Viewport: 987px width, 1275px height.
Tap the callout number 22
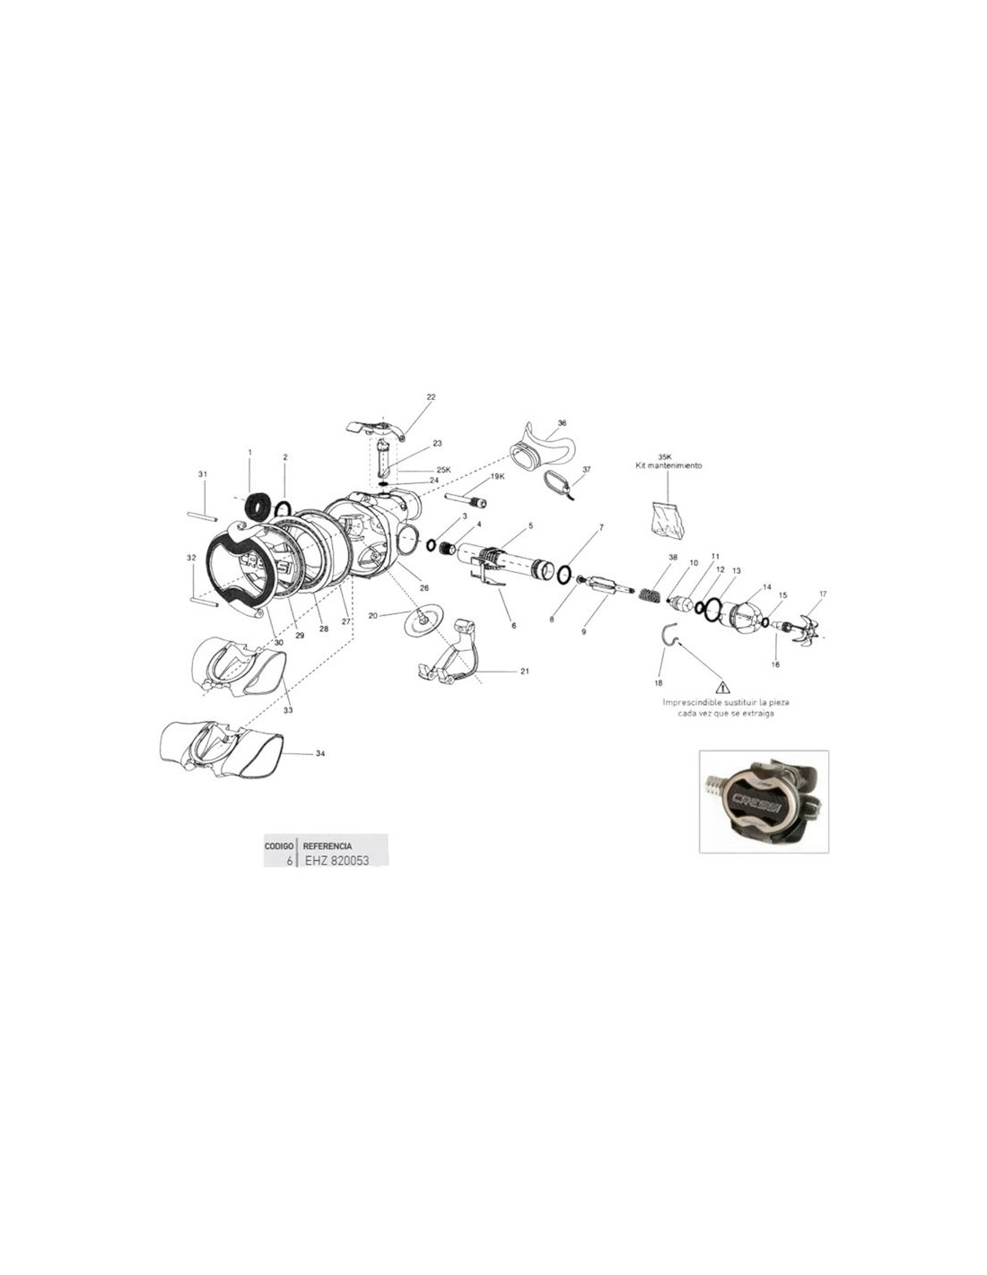[431, 397]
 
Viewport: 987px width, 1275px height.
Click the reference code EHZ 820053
[336, 862]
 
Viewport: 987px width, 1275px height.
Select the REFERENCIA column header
[327, 846]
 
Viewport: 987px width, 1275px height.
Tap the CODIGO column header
[279, 846]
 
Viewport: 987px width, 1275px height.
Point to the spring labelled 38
[651, 593]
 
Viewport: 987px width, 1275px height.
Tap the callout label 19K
[497, 477]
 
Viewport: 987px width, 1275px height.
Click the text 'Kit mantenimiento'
[668, 465]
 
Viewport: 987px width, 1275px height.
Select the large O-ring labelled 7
[563, 574]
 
